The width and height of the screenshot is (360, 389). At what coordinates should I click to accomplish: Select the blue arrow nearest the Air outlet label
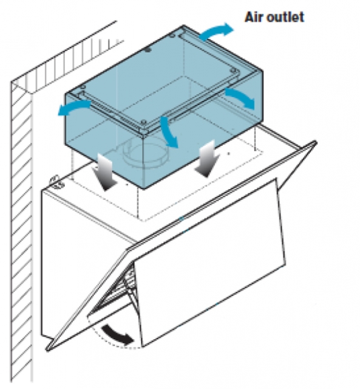(216, 31)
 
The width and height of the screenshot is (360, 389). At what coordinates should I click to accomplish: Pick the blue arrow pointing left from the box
(74, 108)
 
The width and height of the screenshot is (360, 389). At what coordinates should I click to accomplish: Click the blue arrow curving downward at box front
(168, 131)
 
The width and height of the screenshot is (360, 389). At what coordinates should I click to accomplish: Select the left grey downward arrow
(105, 172)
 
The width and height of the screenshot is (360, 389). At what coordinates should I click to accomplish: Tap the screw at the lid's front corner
(143, 122)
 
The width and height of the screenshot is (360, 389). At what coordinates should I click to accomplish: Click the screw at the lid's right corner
(233, 71)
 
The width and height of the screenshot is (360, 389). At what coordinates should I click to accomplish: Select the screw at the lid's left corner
(83, 88)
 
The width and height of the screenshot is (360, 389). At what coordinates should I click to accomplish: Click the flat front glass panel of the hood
(211, 261)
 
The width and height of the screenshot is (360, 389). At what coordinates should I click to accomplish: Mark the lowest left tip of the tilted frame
(47, 349)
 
